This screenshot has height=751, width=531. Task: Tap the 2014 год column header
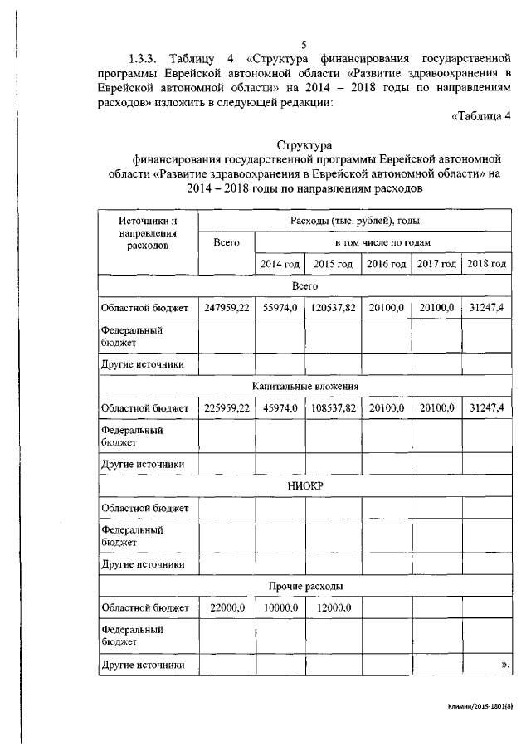(x=280, y=264)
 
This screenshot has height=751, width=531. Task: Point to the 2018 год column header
(x=486, y=264)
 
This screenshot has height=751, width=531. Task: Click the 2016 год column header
(x=386, y=264)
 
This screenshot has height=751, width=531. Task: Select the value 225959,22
(x=227, y=408)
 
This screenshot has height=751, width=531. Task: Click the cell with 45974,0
(x=280, y=408)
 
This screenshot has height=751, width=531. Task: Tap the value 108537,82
(x=334, y=408)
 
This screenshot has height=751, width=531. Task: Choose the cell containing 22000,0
(x=227, y=608)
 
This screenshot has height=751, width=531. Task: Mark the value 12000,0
(x=334, y=608)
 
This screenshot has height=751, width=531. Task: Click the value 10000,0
(x=280, y=608)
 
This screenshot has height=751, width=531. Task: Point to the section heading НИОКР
(x=304, y=486)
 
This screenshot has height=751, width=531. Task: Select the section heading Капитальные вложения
(x=304, y=386)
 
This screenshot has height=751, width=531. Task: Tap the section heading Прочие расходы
(x=304, y=586)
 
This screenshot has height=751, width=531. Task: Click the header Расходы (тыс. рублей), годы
(x=354, y=220)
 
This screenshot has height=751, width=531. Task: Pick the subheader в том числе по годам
(x=382, y=242)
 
